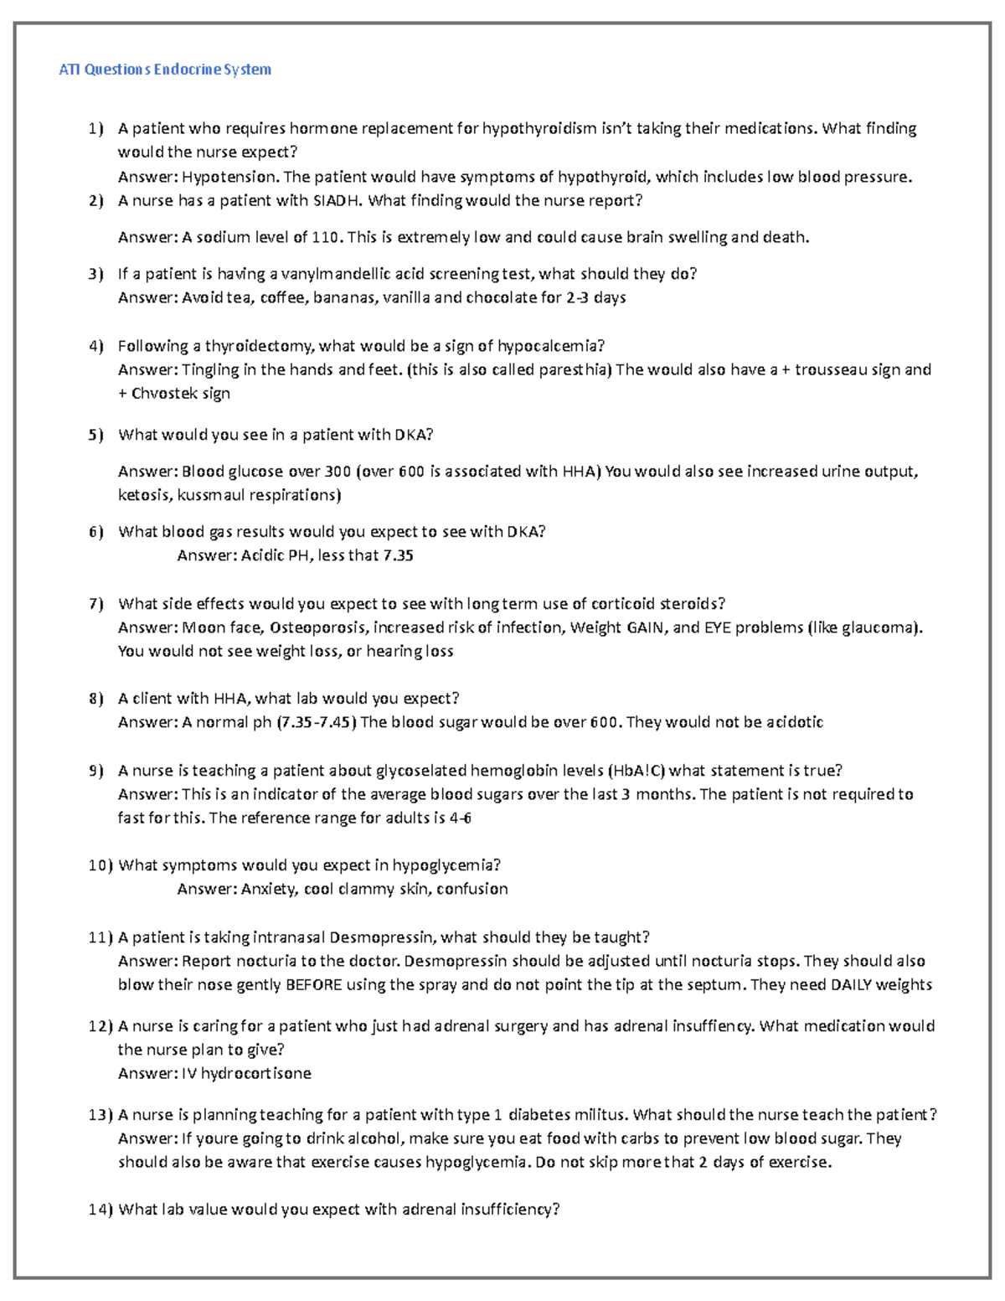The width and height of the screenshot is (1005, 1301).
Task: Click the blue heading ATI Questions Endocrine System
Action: (x=165, y=70)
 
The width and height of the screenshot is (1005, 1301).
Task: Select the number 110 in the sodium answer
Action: (x=325, y=237)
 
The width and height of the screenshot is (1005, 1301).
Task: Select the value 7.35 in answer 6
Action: (x=398, y=555)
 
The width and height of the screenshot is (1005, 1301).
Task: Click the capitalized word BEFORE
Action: (x=313, y=984)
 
